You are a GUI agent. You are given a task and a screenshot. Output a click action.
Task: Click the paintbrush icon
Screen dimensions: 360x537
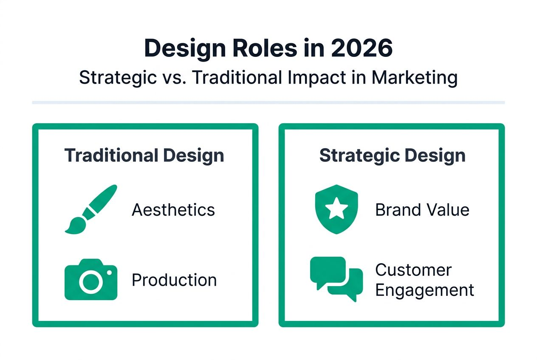(90, 209)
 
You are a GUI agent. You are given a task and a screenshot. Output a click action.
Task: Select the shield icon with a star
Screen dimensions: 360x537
(336, 209)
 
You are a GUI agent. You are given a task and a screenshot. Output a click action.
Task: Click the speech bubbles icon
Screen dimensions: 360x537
(336, 278)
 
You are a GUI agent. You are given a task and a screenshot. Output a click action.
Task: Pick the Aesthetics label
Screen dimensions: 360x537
(173, 210)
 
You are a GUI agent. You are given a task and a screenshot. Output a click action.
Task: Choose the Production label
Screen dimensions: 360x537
(174, 280)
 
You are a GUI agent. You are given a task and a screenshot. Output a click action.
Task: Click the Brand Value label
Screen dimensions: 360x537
(422, 210)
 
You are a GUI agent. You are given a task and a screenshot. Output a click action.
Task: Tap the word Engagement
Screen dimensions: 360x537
(424, 290)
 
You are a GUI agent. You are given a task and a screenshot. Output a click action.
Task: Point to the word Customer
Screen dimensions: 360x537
(413, 270)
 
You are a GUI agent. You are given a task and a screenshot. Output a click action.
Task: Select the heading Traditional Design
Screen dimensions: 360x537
(144, 155)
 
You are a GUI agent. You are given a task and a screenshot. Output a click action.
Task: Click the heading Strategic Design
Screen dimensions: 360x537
(392, 155)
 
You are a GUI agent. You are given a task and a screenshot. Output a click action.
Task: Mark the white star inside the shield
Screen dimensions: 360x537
(336, 208)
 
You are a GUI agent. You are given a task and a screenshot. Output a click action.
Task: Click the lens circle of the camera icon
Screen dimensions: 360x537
(90, 281)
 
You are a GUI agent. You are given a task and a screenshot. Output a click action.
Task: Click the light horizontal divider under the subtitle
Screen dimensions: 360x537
(268, 102)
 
